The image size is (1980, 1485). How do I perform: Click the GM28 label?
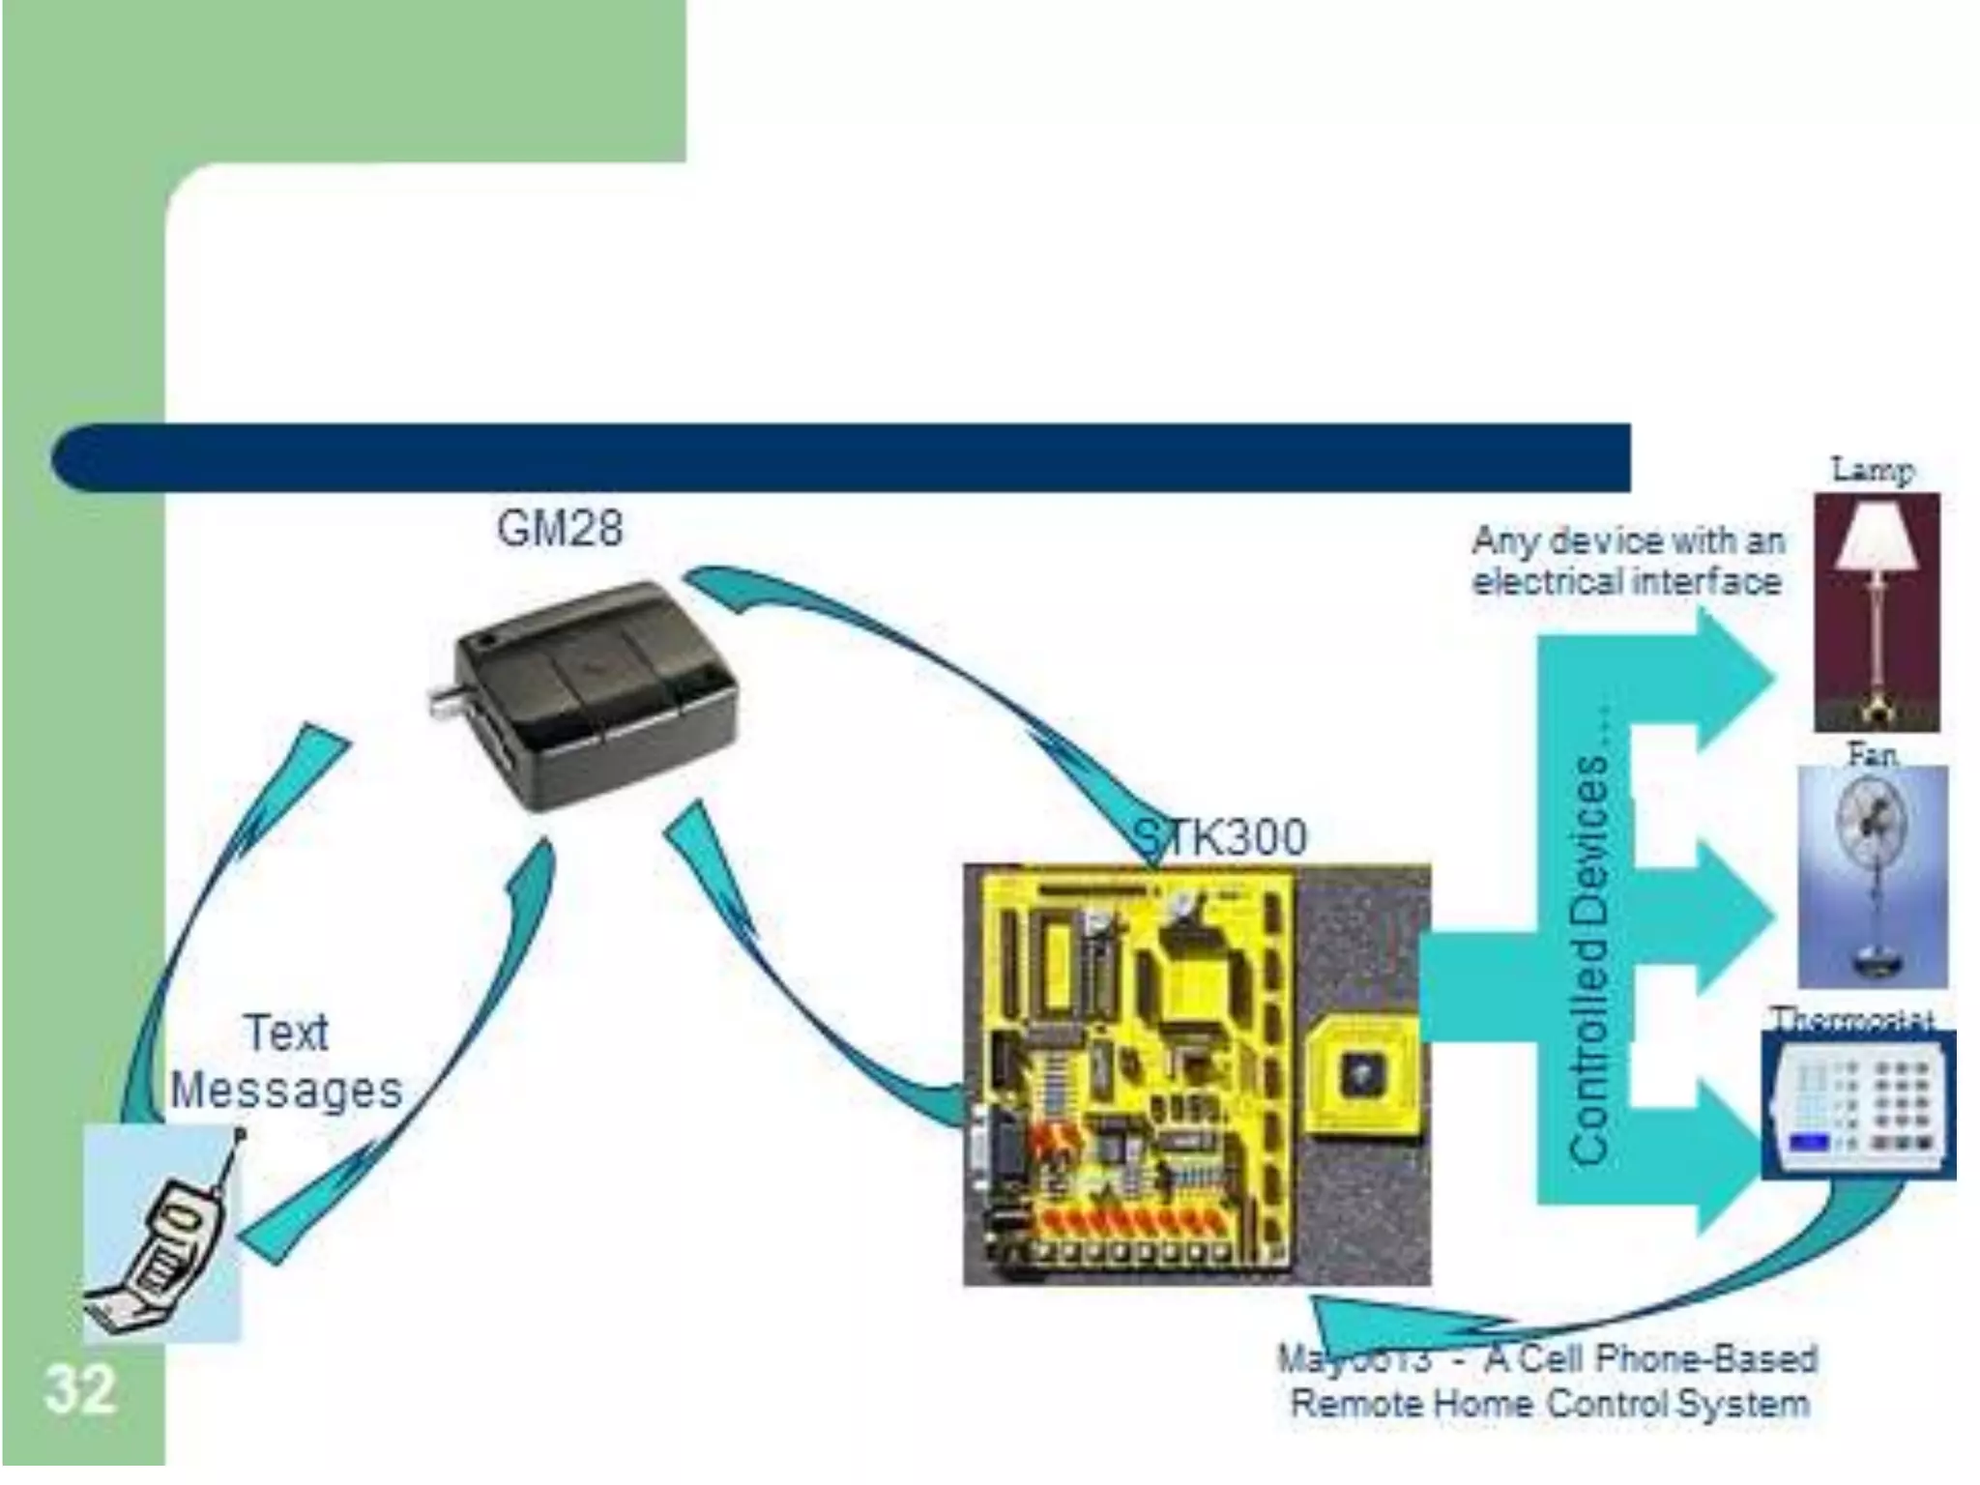(560, 529)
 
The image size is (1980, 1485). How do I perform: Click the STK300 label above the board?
(1220, 836)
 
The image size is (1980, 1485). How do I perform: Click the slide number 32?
(79, 1389)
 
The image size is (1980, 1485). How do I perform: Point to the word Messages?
(286, 1091)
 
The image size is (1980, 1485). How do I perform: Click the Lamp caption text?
(1873, 471)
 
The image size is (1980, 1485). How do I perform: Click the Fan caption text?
(1872, 754)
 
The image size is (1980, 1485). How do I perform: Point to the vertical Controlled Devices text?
(1588, 958)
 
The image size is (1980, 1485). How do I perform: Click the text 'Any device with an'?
(1628, 540)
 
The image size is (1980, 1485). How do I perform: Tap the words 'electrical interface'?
(1626, 582)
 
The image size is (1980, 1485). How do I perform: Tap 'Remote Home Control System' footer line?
(1549, 1403)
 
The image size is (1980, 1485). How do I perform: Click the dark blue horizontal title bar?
(841, 457)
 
